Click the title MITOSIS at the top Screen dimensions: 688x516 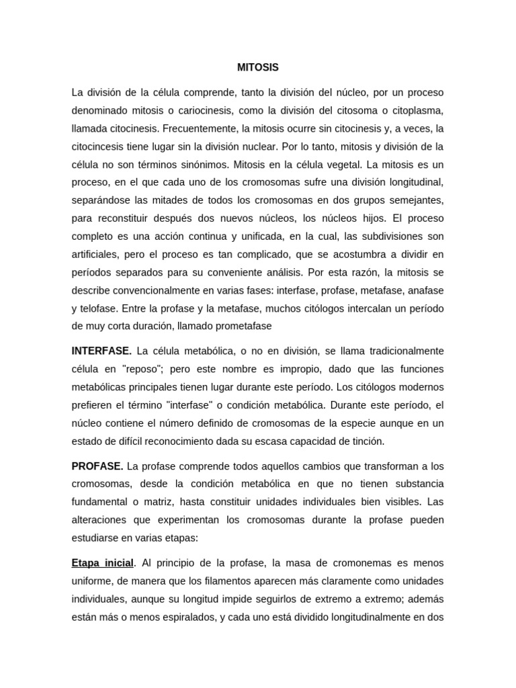258,68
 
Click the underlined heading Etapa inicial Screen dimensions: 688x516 103,563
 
